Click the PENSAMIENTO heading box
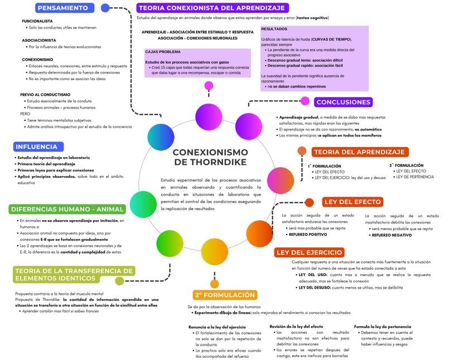pos(63,8)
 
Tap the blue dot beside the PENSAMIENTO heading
pos(105,8)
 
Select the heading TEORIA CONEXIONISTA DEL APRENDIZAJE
pos(212,8)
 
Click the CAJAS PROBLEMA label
pos(163,52)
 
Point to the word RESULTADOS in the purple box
pos(274,28)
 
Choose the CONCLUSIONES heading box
pos(343,102)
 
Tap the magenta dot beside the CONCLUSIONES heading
pos(305,101)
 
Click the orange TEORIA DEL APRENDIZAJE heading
pos(359,152)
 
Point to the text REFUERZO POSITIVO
pos(307,235)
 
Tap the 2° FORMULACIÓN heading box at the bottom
pos(225,295)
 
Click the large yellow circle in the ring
pos(214,251)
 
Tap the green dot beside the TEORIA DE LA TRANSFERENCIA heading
pos(119,280)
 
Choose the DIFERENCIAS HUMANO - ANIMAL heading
pos(67,210)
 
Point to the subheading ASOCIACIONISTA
pos(39,40)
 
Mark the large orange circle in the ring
pos(259,233)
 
